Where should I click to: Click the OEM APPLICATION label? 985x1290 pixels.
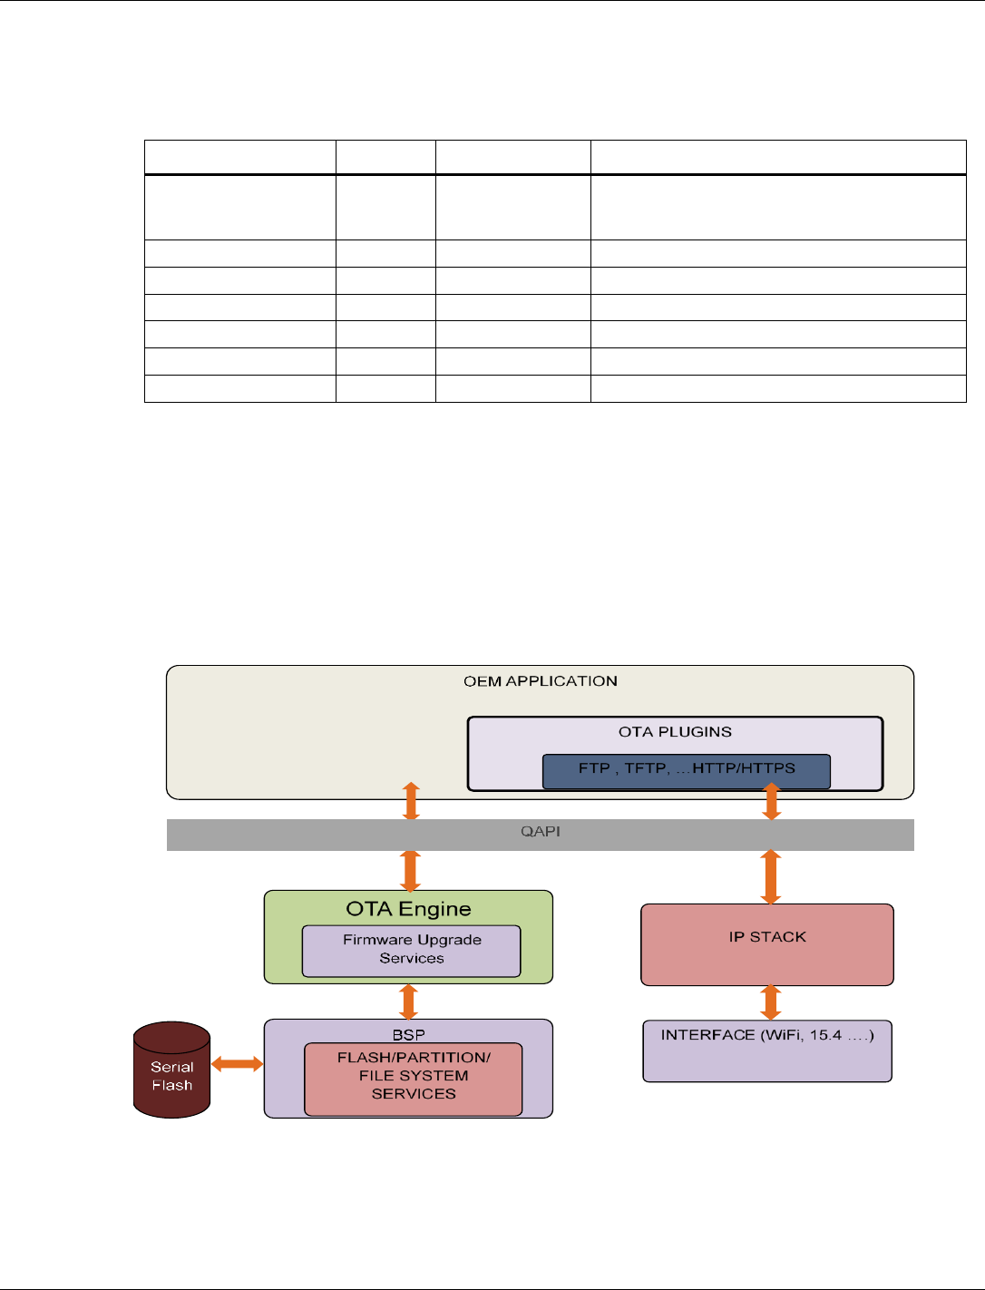pos(540,681)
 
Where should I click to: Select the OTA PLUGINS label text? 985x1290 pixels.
pos(675,732)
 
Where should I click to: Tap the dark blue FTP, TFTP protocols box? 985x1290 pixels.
pos(686,770)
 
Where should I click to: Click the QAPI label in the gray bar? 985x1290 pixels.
pos(540,832)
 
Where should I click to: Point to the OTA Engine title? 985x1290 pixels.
pos(408,909)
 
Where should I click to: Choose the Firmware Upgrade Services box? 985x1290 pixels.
pos(411,950)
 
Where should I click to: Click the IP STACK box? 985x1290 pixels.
pos(766,944)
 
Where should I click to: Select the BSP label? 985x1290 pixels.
pos(408,1034)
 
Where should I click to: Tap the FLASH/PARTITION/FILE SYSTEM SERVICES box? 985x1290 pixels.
pos(413,1078)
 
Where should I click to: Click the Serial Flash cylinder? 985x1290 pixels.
pos(171,1070)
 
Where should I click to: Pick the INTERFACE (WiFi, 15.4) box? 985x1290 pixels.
pos(766,1051)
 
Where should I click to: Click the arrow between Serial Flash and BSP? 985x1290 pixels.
pos(237,1064)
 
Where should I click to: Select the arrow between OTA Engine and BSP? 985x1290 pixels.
pos(409,1002)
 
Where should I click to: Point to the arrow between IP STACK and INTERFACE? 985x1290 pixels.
pos(770,1002)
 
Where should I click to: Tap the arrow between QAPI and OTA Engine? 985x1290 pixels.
pos(410,871)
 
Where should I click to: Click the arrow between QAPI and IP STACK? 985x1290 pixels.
pos(770,876)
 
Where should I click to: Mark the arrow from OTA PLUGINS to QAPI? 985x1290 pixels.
pos(771,802)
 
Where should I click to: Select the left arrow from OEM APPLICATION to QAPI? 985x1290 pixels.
pos(411,801)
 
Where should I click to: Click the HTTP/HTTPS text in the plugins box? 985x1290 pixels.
pos(743,768)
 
